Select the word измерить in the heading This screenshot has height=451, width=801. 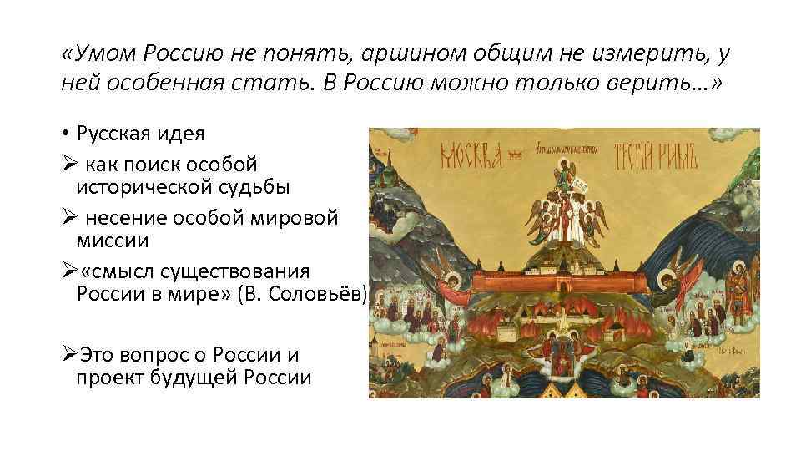(x=632, y=53)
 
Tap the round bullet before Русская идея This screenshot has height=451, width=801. (x=65, y=134)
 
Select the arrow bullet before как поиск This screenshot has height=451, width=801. (x=68, y=162)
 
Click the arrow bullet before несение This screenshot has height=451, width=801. (x=68, y=219)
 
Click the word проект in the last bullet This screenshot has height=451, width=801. (x=109, y=377)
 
